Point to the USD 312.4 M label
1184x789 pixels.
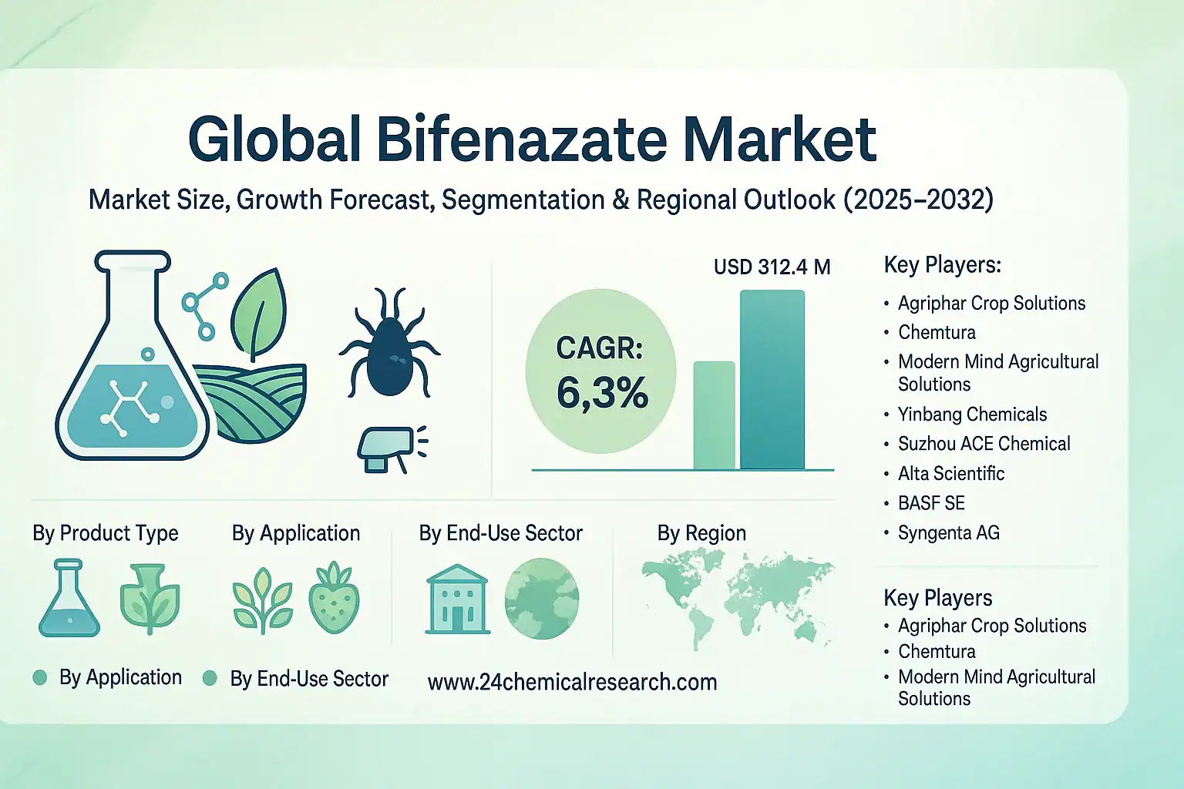[772, 267]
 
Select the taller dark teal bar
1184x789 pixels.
[772, 379]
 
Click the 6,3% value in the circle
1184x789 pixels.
[602, 393]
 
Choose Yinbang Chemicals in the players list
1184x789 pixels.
[972, 415]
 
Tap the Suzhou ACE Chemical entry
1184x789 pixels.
[984, 444]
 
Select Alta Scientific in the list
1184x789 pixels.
[951, 473]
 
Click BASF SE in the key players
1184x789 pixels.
[931, 503]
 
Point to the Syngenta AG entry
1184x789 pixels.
[948, 532]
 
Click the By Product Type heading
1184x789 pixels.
[106, 533]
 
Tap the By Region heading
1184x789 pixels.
[701, 533]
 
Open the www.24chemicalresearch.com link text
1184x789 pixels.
[572, 682]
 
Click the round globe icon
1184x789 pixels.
[541, 599]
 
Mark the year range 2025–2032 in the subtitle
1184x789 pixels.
[918, 200]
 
